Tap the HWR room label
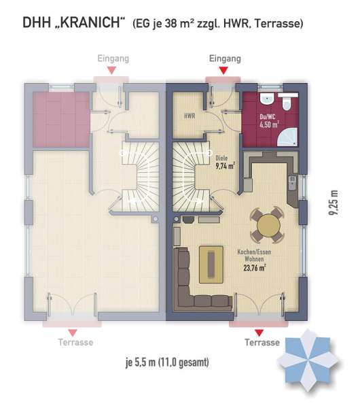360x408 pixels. pos(190,116)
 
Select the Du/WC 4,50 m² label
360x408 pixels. pos(269,121)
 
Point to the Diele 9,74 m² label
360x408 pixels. pos(225,163)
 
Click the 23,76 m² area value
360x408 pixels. pos(255,267)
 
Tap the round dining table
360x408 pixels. pos(268,225)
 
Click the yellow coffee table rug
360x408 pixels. pos(211,265)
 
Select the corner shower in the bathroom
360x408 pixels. pos(287,137)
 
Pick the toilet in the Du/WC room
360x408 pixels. pos(288,103)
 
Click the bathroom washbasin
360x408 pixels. pos(267,98)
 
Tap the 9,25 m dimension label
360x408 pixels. pos(334,203)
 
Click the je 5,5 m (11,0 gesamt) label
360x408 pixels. pos(167,362)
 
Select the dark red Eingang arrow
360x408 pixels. pos(223,70)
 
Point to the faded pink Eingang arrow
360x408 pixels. pos(112,70)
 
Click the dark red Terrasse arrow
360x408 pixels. pos(259,333)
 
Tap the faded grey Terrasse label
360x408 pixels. pos(75,342)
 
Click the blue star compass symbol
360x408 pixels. pos(308,360)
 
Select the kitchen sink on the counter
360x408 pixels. pos(293,182)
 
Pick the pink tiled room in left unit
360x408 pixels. pos(61,120)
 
